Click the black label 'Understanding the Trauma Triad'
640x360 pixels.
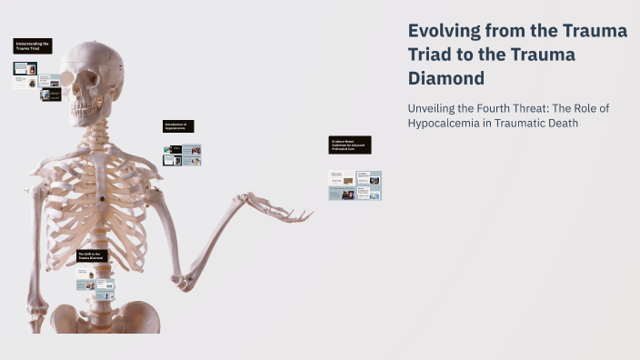[x=33, y=45]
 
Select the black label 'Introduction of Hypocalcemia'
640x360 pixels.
[x=178, y=126]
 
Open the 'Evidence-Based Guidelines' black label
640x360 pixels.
[x=350, y=145]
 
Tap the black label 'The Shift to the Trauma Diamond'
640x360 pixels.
[x=91, y=256]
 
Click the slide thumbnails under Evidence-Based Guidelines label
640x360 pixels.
[x=355, y=185]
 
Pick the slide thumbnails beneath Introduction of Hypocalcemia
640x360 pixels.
[x=182, y=155]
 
